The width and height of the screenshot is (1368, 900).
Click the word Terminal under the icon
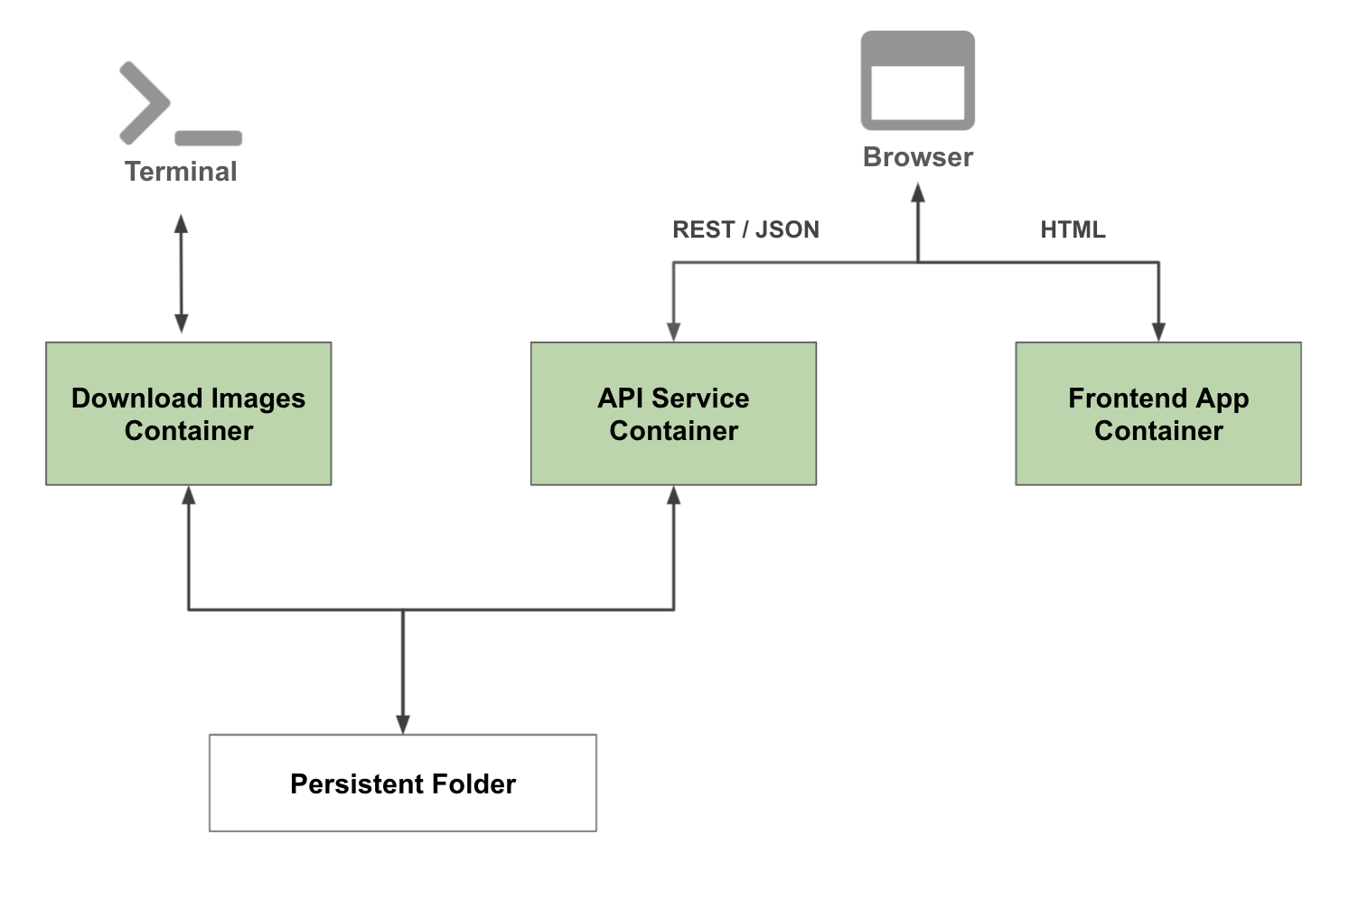coord(181,172)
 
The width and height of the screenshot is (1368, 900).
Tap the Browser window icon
coord(917,80)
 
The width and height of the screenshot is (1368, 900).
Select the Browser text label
coord(917,157)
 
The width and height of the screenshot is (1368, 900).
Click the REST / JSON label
coord(745,230)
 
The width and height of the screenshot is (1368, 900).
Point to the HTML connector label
coord(1073,230)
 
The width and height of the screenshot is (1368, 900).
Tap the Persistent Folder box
coord(402,783)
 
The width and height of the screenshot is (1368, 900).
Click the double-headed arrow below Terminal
coord(181,274)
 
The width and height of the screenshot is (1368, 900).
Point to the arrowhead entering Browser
coord(918,192)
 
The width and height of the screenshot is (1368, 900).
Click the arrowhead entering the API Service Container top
coord(673,332)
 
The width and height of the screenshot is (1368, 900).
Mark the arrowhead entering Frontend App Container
coord(1158,332)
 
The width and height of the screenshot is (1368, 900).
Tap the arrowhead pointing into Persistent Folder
coord(403,724)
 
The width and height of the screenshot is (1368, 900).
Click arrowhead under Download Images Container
coord(188,495)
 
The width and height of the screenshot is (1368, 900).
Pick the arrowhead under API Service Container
coord(673,495)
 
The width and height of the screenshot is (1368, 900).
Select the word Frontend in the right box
coord(1127,398)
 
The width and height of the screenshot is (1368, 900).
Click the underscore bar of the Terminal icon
coord(208,138)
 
